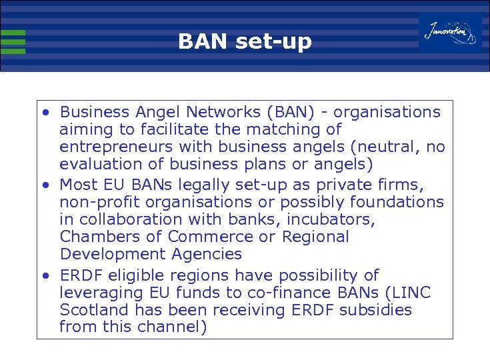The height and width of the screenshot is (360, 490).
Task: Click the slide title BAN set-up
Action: point(245,42)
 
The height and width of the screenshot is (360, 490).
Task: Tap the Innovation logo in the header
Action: point(450,31)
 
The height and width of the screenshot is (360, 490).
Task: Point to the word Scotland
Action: point(89,310)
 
